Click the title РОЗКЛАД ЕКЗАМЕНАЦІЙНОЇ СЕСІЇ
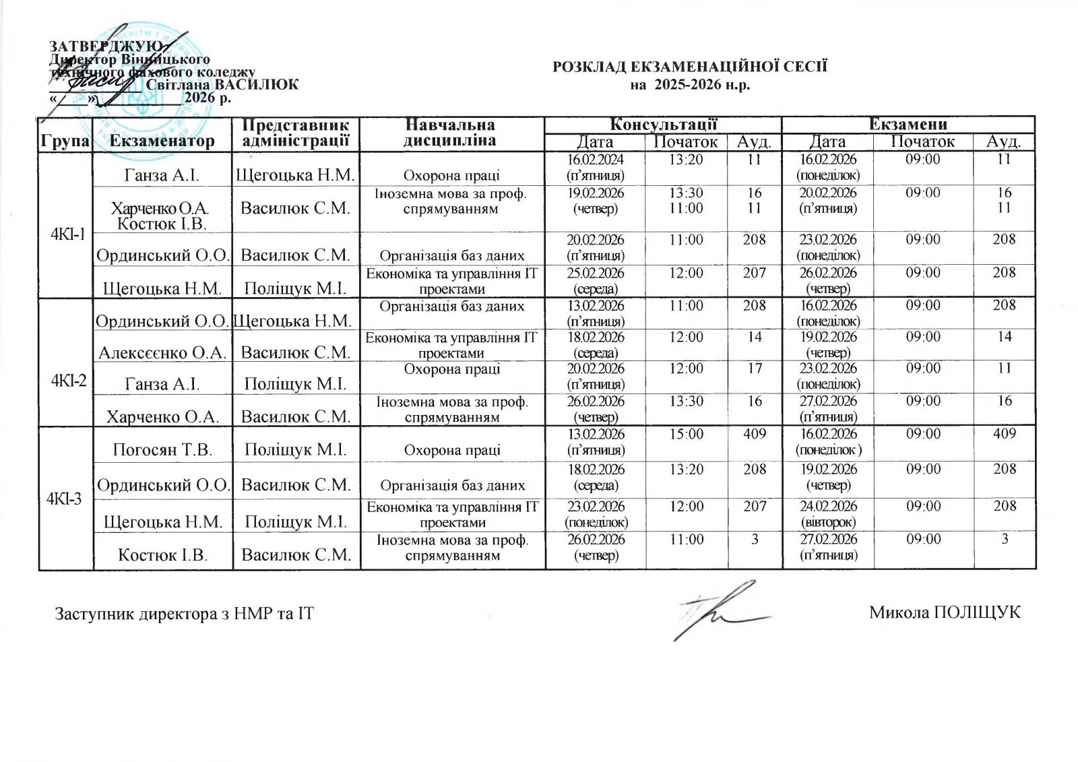tap(689, 67)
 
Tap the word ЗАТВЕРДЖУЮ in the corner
tap(105, 46)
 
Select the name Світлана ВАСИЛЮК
tap(222, 85)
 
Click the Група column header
tap(65, 141)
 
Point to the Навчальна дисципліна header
tap(451, 133)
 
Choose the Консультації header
tap(663, 124)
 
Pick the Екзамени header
tap(908, 124)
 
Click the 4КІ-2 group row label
tap(68, 380)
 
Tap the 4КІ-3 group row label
tap(65, 499)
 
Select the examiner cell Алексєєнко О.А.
tap(162, 352)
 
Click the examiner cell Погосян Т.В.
tap(162, 449)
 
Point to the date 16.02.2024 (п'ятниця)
tap(596, 167)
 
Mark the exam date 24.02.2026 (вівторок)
tap(828, 514)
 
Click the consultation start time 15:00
tap(686, 435)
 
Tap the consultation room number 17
tap(755, 369)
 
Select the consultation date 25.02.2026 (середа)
tap(596, 281)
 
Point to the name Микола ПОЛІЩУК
tap(944, 612)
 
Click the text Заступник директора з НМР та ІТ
tap(184, 614)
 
